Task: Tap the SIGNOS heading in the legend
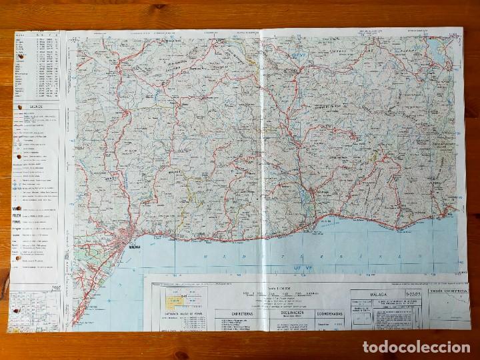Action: tap(36, 106)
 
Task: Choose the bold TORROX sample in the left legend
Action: tap(16, 225)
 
